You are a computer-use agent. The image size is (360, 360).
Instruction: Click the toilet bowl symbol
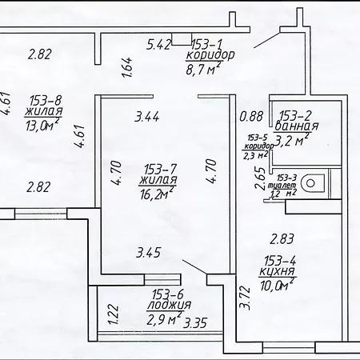313,182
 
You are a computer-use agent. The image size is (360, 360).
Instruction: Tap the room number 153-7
160,169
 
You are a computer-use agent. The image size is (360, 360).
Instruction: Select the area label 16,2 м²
157,194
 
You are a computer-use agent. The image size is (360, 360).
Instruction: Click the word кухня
278,271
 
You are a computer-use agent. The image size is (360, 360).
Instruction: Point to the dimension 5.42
158,44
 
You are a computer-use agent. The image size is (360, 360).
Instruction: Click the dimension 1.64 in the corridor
128,67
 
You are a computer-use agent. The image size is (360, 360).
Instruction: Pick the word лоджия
169,306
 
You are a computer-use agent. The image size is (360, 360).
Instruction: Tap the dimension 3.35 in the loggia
195,323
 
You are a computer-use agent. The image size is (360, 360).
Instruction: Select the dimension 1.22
114,314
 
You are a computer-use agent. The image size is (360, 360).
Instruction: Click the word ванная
296,126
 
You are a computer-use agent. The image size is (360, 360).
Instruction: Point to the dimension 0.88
251,116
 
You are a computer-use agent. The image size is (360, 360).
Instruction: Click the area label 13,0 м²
42,124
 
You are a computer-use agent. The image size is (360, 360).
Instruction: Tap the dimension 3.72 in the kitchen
246,298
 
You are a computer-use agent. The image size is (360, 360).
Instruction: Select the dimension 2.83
282,238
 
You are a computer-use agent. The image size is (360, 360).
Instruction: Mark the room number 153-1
207,44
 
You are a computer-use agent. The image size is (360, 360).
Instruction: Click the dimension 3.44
147,117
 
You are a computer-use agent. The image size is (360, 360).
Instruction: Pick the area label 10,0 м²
278,285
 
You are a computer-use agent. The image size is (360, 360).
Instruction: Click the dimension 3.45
149,252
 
